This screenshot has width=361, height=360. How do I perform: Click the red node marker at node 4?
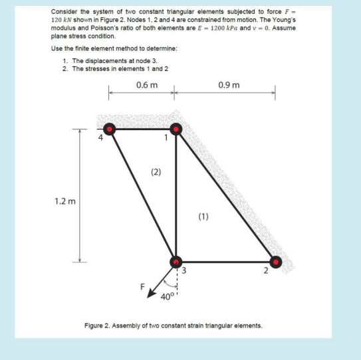(109, 130)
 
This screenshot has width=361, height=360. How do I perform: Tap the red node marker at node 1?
(176, 130)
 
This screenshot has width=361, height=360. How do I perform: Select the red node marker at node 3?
(176, 262)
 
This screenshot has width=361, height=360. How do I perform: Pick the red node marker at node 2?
(275, 262)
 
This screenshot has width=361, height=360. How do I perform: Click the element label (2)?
(156, 172)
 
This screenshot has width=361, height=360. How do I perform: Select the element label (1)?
(203, 216)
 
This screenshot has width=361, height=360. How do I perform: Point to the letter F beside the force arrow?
(141, 288)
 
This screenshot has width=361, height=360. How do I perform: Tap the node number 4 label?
(101, 138)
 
